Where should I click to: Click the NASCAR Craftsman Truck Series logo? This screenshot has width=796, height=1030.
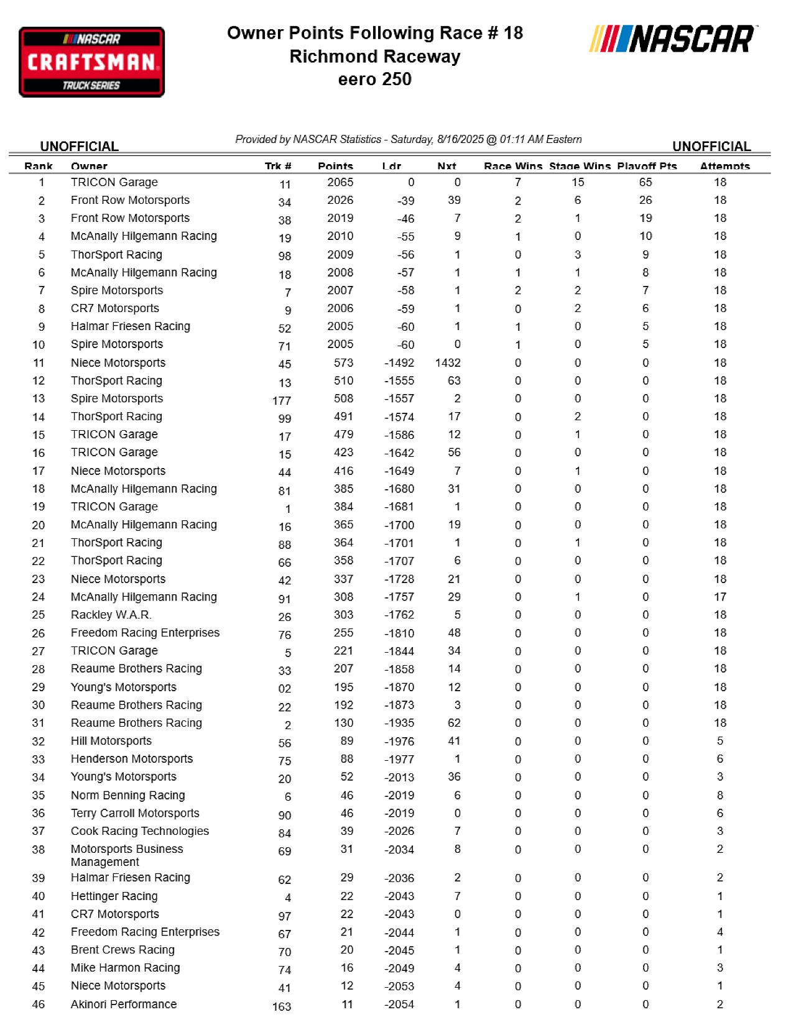tap(92, 62)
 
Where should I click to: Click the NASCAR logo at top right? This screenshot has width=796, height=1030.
tap(673, 39)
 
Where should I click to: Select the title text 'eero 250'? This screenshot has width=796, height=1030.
tap(375, 80)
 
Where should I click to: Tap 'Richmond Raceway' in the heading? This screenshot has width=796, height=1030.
tap(375, 57)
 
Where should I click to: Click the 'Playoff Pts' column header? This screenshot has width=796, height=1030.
tap(647, 166)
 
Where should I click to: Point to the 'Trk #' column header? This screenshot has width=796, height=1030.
tap(278, 166)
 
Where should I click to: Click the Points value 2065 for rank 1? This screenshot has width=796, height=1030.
tap(340, 182)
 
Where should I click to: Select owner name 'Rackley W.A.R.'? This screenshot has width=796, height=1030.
tap(111, 615)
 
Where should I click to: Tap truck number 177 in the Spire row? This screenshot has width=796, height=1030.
tap(282, 401)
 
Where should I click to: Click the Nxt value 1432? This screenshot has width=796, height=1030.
tap(448, 362)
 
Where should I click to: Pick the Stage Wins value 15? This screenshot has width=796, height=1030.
tap(578, 182)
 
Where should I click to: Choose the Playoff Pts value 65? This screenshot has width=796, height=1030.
tap(646, 182)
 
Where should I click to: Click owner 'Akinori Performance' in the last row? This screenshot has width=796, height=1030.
tap(124, 1004)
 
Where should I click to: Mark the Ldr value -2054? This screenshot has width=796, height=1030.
tap(399, 1005)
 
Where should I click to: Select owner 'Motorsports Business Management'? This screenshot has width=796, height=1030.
tap(127, 855)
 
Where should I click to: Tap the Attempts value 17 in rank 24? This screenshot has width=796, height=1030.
tap(720, 597)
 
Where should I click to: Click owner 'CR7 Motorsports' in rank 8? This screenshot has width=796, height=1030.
tap(115, 308)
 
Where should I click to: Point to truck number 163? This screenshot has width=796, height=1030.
tap(282, 1006)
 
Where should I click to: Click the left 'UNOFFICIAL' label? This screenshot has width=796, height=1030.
tap(80, 147)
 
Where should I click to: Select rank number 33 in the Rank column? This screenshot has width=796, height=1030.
tap(39, 760)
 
